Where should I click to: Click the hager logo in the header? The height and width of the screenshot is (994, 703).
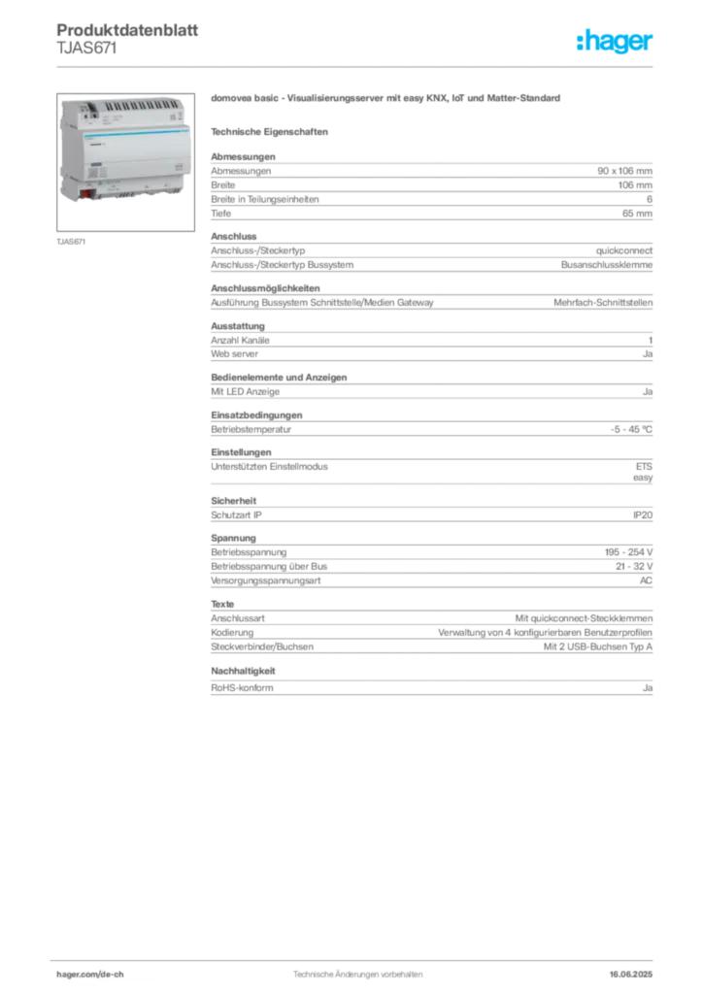click(x=614, y=41)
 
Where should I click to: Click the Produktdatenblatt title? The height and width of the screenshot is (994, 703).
click(x=127, y=30)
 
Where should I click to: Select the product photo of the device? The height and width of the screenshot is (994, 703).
click(x=125, y=162)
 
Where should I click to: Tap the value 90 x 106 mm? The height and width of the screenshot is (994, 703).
click(x=624, y=171)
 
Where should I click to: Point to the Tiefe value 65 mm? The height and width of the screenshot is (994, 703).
click(x=637, y=214)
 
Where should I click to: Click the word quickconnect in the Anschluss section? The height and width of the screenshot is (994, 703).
click(x=623, y=250)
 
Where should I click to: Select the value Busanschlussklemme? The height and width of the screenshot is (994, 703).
click(x=607, y=265)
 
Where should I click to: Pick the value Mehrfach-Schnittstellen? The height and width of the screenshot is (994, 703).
click(x=603, y=303)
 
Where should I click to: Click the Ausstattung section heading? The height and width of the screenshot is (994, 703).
click(x=238, y=326)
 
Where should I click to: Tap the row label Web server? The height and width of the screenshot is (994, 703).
click(x=235, y=353)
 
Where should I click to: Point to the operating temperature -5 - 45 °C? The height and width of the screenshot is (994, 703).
click(x=631, y=429)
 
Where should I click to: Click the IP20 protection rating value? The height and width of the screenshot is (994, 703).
click(x=643, y=514)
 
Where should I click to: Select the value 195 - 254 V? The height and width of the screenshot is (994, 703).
click(x=628, y=552)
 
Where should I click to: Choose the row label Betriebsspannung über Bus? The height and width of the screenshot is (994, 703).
click(x=269, y=566)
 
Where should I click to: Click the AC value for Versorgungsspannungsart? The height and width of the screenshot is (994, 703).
click(x=646, y=580)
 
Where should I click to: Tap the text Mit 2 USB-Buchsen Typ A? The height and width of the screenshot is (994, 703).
click(x=598, y=646)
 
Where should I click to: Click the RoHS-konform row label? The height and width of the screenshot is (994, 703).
click(x=242, y=688)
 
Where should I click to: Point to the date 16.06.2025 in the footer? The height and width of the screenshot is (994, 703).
click(x=631, y=975)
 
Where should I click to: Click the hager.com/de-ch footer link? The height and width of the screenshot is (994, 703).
click(x=90, y=975)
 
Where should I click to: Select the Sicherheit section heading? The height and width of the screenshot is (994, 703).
click(x=234, y=501)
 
